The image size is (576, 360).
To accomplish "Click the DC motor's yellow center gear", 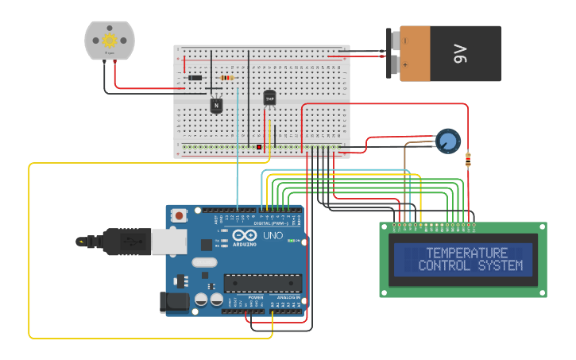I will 110,40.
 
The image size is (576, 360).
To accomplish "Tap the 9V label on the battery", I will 460,54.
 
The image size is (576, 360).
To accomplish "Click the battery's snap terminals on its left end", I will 392,54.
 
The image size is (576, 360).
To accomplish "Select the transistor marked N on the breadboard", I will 216,104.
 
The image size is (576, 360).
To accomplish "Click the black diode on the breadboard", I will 194,77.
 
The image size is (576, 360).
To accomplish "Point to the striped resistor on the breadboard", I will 228,78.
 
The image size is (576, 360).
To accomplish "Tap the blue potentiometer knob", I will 448,141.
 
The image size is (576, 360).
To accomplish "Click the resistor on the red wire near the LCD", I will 468,159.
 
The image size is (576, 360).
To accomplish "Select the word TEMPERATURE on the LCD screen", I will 466,253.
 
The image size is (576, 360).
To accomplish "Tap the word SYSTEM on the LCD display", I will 501,265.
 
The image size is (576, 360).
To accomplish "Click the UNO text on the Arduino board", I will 273,235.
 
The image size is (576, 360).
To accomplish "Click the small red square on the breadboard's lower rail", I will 259,147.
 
